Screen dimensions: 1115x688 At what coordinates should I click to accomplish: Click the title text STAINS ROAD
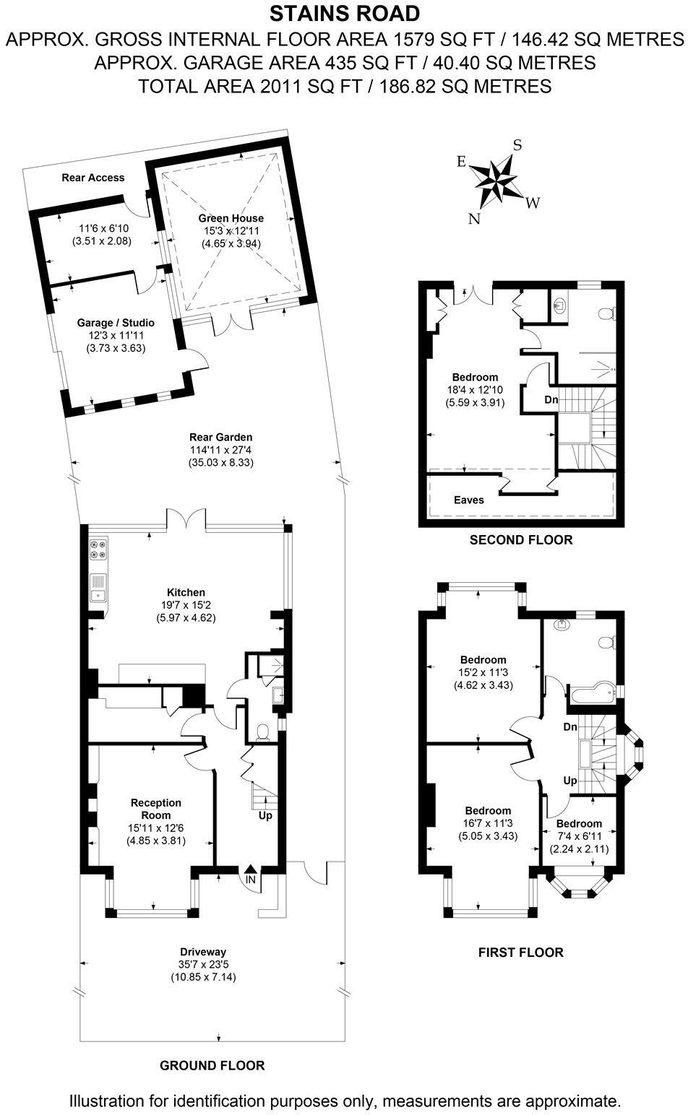click(344, 13)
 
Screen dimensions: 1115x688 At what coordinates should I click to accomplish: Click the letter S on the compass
click(517, 144)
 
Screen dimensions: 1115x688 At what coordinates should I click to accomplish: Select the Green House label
click(231, 218)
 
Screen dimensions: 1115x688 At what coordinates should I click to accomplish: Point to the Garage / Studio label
click(116, 323)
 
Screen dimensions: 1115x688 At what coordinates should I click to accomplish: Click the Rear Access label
click(93, 178)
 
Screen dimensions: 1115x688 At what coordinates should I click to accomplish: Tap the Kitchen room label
click(186, 592)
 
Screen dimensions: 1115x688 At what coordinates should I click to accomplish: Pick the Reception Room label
click(156, 809)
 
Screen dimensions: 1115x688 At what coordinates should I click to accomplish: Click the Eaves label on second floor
click(469, 500)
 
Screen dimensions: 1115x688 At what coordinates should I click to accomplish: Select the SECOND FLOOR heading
click(520, 539)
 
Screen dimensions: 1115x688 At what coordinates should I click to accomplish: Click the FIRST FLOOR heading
click(520, 953)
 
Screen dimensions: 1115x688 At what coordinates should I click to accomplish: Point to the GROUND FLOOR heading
click(212, 1065)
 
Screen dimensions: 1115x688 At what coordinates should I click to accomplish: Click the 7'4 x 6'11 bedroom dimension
click(579, 836)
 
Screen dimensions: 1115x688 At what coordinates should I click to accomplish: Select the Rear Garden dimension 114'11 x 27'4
click(220, 449)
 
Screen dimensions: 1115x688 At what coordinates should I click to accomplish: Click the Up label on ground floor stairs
click(265, 815)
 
